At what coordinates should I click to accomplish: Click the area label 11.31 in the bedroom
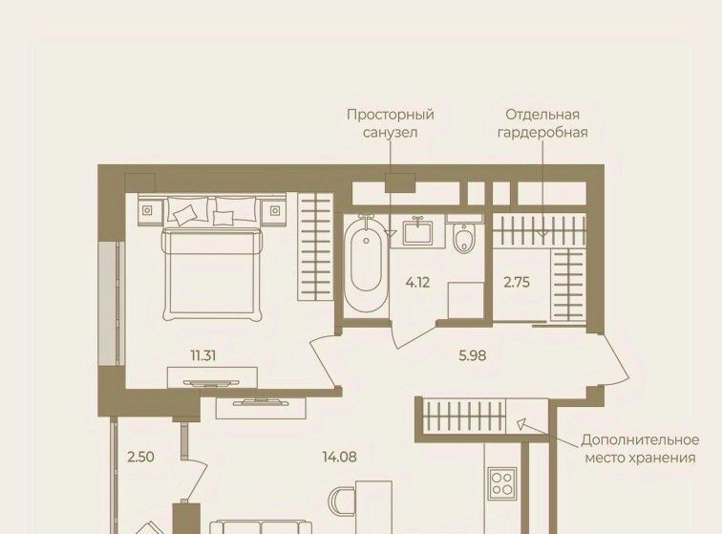(203, 355)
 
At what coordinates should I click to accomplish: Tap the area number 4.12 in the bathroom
(417, 282)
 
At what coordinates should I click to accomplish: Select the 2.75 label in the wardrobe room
(517, 282)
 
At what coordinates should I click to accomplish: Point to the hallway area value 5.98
(473, 355)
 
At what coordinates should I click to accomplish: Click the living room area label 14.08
(340, 457)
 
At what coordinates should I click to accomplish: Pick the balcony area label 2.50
(141, 457)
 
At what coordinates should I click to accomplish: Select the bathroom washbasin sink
(417, 233)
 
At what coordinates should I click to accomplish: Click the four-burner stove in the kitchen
(501, 483)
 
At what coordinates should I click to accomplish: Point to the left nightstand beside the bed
(147, 210)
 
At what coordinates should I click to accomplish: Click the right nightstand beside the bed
(275, 210)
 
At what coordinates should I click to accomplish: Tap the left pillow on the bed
(187, 210)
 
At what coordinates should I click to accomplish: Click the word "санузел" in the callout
(390, 133)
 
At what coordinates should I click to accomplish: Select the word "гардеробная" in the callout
(542, 133)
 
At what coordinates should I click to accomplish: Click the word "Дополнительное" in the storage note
(640, 440)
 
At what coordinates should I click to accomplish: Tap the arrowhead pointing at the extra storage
(520, 424)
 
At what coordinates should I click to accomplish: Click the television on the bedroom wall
(211, 383)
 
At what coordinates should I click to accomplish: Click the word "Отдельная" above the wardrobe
(542, 115)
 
